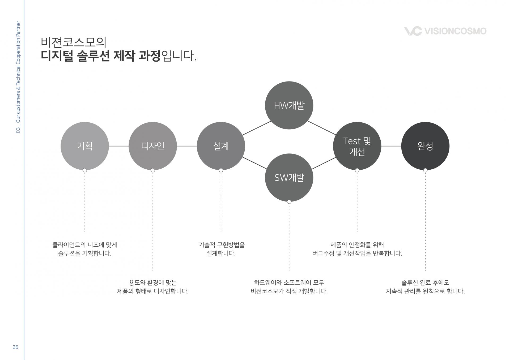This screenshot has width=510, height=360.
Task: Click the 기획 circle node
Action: (84, 146)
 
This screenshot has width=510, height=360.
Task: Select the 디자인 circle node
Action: (152, 146)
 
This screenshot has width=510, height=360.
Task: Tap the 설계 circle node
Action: (221, 146)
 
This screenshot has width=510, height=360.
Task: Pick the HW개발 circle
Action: (289, 105)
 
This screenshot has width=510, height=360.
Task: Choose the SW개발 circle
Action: (289, 177)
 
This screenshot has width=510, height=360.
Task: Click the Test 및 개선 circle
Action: (357, 146)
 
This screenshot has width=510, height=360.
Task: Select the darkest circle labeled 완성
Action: (425, 146)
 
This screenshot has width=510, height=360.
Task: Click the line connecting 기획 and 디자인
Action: (118, 146)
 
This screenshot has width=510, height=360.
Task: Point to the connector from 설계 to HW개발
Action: (257, 128)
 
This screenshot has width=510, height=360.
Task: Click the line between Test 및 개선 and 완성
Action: (391, 146)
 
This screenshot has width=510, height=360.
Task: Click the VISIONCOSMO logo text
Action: (455, 31)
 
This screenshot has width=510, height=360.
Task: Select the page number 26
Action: (15, 347)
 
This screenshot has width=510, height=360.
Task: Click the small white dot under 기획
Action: (85, 170)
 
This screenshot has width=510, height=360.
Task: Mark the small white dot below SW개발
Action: (289, 202)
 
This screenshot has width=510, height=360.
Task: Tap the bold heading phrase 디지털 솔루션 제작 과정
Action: (101, 56)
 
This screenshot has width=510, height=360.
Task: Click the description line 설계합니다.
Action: (221, 253)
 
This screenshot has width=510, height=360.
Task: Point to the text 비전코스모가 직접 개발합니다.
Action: (289, 291)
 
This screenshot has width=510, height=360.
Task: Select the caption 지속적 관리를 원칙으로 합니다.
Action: (425, 291)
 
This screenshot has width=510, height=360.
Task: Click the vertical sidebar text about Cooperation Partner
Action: (18, 77)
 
